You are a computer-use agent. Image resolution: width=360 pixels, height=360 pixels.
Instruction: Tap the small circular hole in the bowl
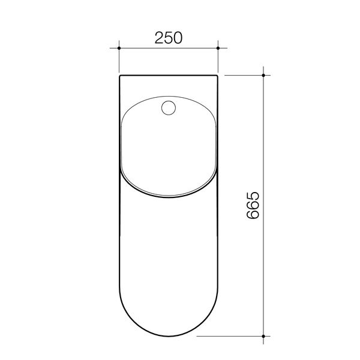(169, 109)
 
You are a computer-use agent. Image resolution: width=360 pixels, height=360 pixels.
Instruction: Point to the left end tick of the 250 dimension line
(119, 46)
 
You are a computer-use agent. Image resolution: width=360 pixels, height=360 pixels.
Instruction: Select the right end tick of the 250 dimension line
(218, 46)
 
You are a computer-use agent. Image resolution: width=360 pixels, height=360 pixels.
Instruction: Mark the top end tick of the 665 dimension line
(264, 75)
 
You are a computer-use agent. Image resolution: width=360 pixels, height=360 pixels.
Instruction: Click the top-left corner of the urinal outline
(120, 76)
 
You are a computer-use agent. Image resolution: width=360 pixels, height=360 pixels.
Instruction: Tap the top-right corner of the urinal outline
(217, 76)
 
